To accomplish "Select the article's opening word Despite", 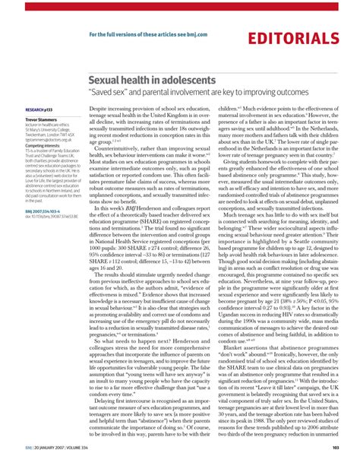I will (x=101, y=109).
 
